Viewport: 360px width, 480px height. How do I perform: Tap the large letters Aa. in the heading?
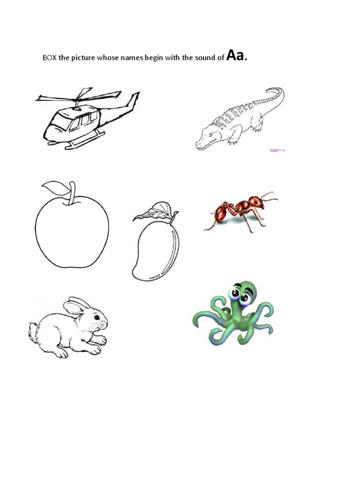(236, 56)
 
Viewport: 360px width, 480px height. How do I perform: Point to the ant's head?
(256, 202)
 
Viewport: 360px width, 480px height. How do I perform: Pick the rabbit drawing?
(70, 326)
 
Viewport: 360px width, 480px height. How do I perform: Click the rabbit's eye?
(96, 317)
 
